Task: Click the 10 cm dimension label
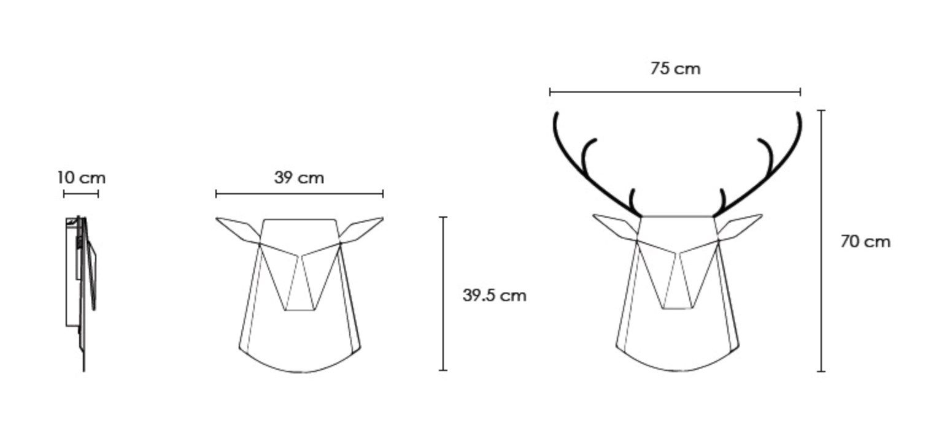(x=82, y=178)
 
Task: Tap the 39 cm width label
(x=299, y=178)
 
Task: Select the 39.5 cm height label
(x=495, y=295)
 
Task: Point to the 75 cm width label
(x=675, y=68)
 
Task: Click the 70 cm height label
(x=865, y=242)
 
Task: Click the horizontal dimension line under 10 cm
(x=81, y=194)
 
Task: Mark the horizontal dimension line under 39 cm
(x=299, y=194)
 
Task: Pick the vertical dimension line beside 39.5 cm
(x=443, y=294)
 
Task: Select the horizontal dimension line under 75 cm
(x=675, y=92)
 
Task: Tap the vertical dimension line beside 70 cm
(x=821, y=241)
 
